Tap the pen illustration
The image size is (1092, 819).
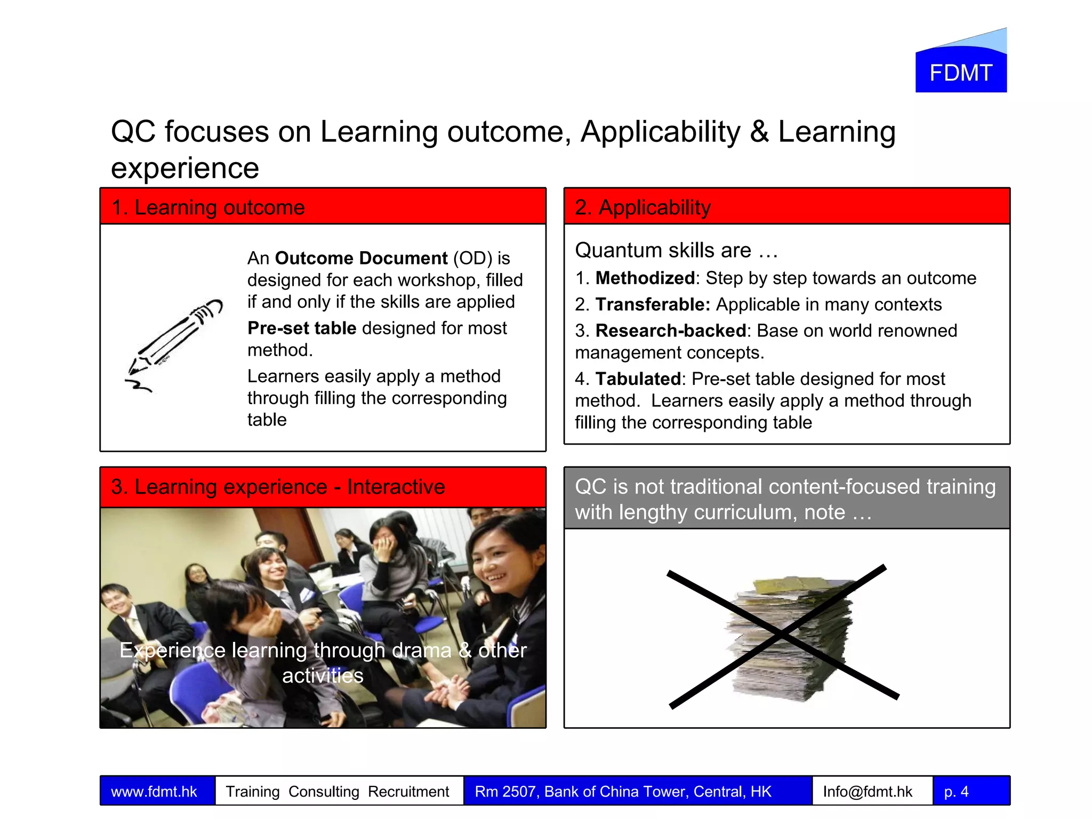pos(173,344)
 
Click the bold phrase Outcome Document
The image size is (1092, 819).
pos(361,258)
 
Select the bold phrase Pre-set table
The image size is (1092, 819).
pos(302,328)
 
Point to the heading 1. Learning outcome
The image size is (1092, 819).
pos(208,207)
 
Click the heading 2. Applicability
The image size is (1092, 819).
pos(643,207)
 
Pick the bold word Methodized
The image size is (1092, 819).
pos(645,278)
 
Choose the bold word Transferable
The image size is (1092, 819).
pos(653,304)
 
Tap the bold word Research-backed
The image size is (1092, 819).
pos(670,331)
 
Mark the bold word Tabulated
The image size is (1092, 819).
pos(638,379)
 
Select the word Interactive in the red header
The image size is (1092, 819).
pos(396,487)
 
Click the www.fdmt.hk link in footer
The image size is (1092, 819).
pos(154,791)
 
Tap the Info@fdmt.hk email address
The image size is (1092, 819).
pos(868,791)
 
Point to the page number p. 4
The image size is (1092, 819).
pos(956,791)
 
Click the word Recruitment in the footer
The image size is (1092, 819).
pos(408,791)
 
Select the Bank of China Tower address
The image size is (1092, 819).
pos(623,791)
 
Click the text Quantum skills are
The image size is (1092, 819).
pos(663,250)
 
